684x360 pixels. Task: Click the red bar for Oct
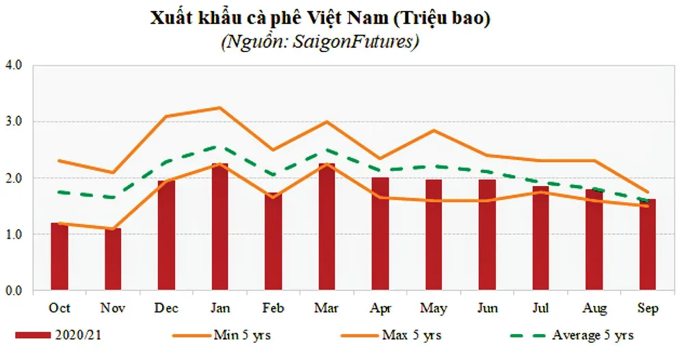(60, 257)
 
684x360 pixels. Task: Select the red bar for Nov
(113, 259)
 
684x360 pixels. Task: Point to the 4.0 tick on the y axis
(14, 66)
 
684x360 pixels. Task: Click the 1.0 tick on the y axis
(14, 234)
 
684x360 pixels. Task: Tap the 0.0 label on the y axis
(14, 291)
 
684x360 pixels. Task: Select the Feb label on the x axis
(274, 309)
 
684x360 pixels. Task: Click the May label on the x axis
(434, 309)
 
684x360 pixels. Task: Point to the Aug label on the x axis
(594, 309)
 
